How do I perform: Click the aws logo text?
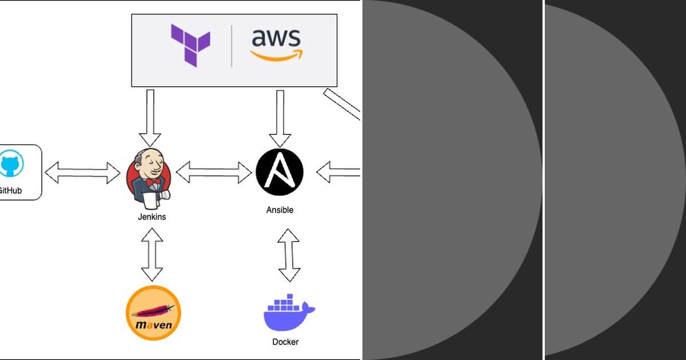point(276,38)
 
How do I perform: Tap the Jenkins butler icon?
point(149,177)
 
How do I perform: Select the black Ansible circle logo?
point(280,171)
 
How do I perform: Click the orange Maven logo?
point(153,313)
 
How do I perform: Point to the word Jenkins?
point(152,217)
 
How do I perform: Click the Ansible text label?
point(280,210)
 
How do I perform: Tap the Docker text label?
point(285,342)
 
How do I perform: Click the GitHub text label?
point(10,191)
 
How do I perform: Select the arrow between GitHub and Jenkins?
point(83,173)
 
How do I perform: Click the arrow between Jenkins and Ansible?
point(213,172)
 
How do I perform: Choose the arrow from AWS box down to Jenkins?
point(150,117)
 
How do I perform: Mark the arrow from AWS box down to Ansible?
point(280,117)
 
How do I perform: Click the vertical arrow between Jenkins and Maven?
point(152,254)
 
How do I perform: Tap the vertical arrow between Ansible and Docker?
point(289,255)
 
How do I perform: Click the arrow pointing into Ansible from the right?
point(338,172)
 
